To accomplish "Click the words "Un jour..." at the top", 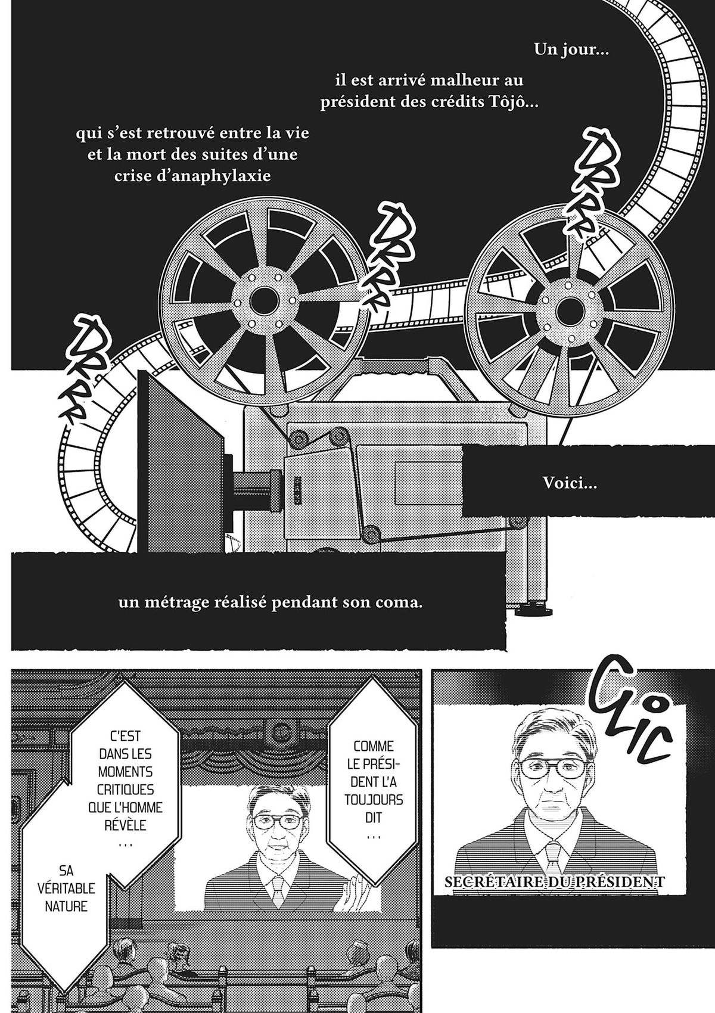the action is coord(571,49).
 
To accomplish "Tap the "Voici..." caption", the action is coord(570,483).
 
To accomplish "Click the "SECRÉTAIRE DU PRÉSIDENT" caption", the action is coord(555,881).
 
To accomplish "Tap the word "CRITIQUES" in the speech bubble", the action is coord(125,790).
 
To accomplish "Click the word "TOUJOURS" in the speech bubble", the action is coord(373,800).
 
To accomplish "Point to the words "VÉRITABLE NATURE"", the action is coord(66,906).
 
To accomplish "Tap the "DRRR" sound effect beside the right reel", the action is coord(588,185).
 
